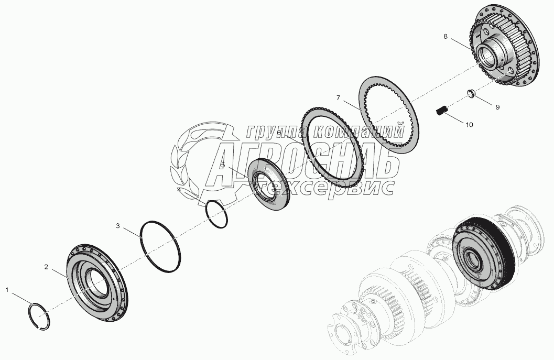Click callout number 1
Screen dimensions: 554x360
pos(7,290)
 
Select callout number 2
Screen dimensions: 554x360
pos(46,267)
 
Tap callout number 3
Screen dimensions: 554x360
pos(118,225)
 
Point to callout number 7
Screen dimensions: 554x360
pos(338,98)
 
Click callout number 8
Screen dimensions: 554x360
pos(445,36)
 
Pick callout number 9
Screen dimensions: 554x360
pos(497,107)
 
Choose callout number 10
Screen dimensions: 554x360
pos(469,125)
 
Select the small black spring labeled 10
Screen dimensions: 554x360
pos(441,111)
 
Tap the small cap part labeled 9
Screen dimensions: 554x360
pos(471,93)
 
